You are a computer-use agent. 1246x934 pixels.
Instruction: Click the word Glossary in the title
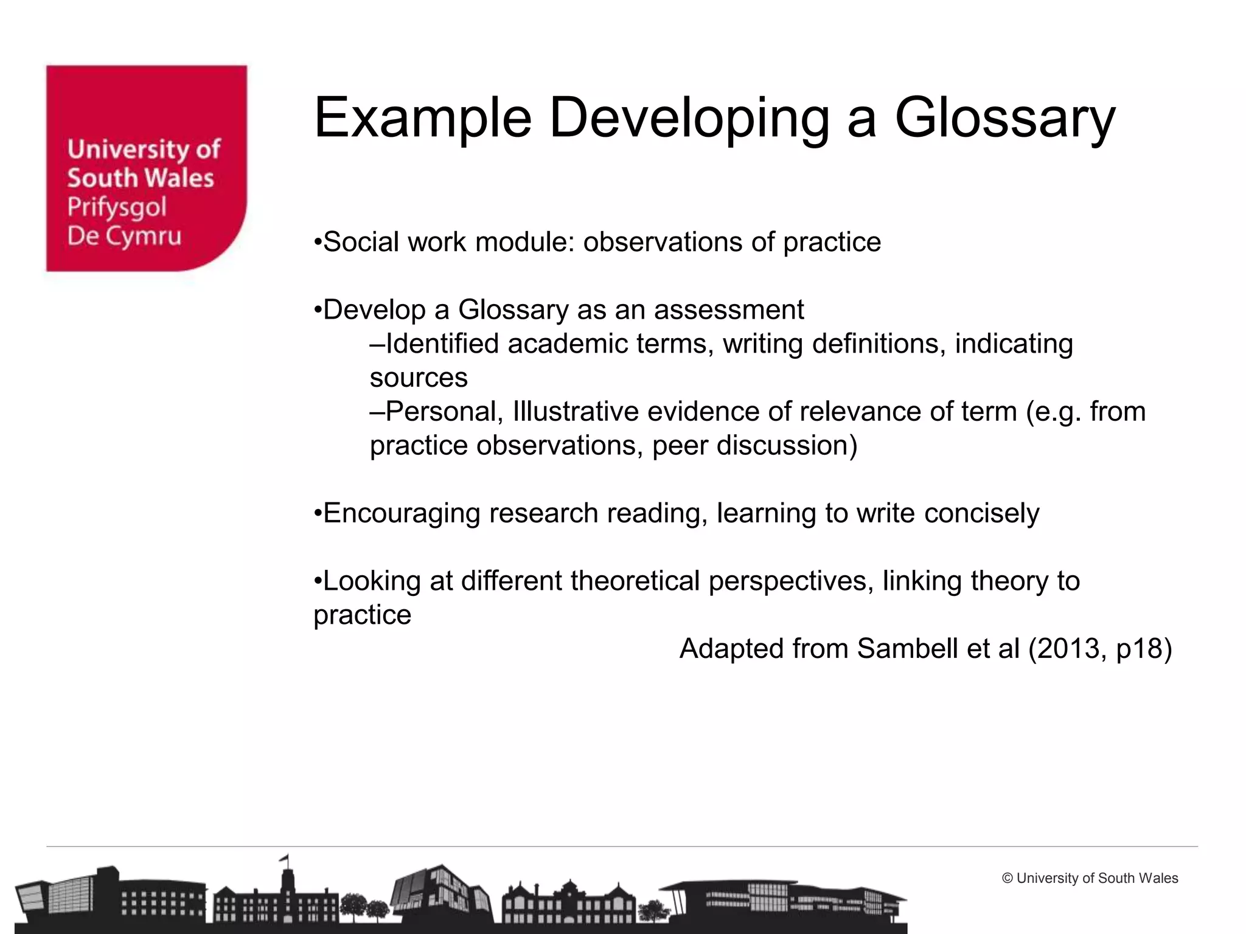(1004, 119)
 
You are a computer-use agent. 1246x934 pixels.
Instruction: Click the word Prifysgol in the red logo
(117, 208)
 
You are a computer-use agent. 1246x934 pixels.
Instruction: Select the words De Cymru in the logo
(124, 237)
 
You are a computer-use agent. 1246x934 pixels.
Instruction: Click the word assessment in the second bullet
(729, 310)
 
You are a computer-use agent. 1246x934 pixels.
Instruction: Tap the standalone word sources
(419, 378)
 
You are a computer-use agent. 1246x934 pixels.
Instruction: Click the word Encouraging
(402, 513)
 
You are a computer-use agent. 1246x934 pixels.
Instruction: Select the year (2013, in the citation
(1068, 649)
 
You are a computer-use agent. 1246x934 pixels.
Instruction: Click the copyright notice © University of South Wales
(1090, 878)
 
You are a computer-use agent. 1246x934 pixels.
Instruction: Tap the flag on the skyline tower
(284, 858)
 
